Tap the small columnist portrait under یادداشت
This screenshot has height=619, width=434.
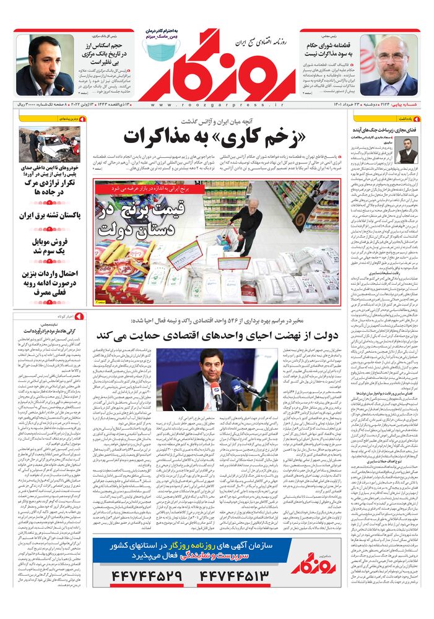pyautogui.click(x=389, y=150)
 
